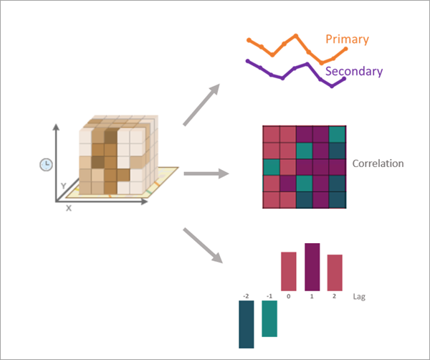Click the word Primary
(347, 39)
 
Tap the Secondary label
(353, 71)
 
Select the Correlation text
(378, 164)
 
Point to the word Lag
(360, 296)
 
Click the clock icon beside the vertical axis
(45, 164)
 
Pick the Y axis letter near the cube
(63, 186)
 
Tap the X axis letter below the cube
(69, 209)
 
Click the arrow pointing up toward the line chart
(203, 105)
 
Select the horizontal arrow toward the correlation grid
(206, 173)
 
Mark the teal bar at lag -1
(269, 318)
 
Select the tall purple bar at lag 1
(312, 267)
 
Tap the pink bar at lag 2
(335, 273)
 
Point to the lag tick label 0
(288, 295)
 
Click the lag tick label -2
(246, 295)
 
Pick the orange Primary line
(287, 43)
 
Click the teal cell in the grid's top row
(338, 134)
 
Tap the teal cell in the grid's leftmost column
(270, 167)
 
